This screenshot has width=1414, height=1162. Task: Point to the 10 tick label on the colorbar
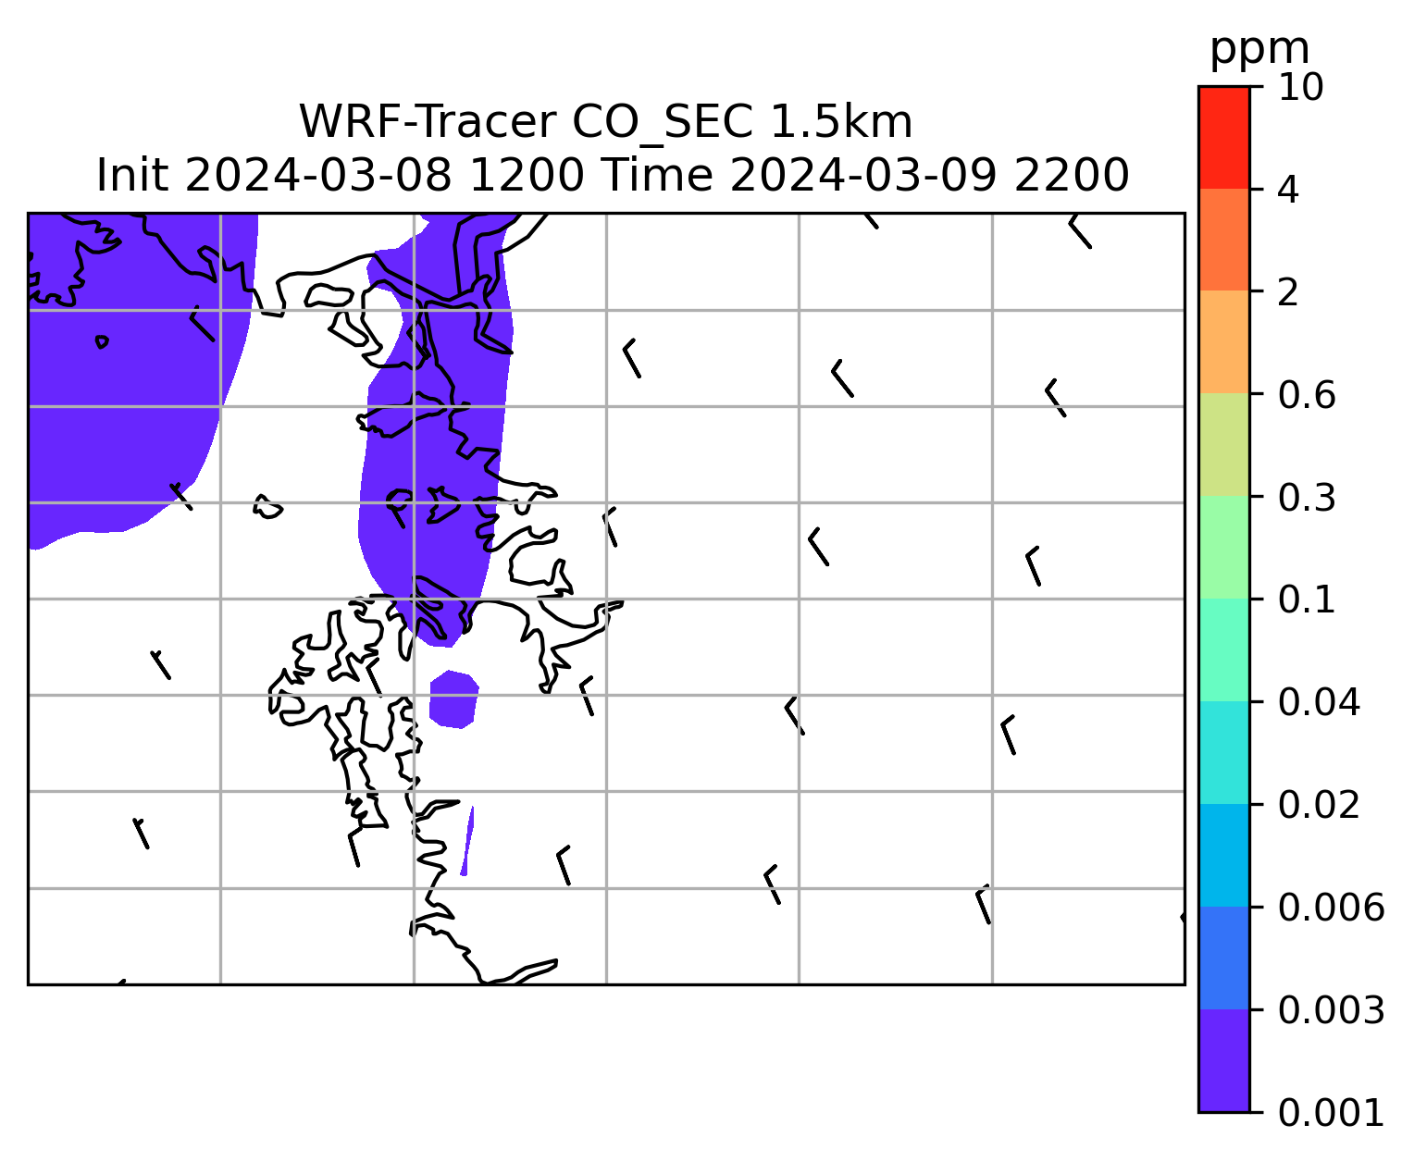(x=1300, y=87)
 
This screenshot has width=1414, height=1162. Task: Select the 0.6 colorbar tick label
(x=1307, y=395)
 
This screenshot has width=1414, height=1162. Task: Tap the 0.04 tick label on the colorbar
(x=1319, y=702)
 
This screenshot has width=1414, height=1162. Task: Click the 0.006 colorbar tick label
(x=1331, y=908)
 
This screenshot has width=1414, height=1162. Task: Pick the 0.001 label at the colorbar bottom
(x=1331, y=1113)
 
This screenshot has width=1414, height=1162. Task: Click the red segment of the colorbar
(x=1223, y=137)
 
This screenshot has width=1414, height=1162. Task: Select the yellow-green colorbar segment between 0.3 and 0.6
(x=1223, y=444)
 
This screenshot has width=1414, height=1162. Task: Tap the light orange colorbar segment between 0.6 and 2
(x=1223, y=341)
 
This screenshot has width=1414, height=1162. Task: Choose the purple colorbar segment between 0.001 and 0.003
(x=1223, y=1060)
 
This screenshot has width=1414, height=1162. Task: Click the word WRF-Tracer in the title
(x=427, y=122)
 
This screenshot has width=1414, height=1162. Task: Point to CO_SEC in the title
(x=662, y=123)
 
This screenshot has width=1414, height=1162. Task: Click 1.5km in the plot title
(x=841, y=122)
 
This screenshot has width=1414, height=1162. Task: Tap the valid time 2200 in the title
(x=1072, y=176)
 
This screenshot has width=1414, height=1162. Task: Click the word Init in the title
(x=131, y=176)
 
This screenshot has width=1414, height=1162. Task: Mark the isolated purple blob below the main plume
(x=453, y=698)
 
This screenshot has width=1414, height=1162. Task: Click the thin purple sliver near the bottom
(x=467, y=840)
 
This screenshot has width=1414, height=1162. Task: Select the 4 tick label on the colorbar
(x=1288, y=190)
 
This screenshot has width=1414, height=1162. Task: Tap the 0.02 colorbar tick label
(x=1319, y=805)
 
